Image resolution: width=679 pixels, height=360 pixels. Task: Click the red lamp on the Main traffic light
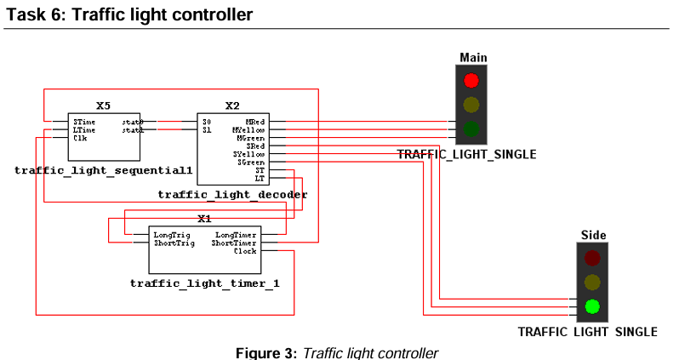(x=471, y=81)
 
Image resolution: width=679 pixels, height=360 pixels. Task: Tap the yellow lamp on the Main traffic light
(x=471, y=106)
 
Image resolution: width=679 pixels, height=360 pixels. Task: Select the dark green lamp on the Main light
(x=471, y=130)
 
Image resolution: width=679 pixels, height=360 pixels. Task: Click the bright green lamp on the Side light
(x=592, y=306)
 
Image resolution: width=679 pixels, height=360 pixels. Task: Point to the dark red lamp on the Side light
(x=592, y=257)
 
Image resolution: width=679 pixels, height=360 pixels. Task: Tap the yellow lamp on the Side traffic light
(x=592, y=282)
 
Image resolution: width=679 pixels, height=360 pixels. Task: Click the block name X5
(x=103, y=106)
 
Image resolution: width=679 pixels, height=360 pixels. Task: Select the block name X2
(x=232, y=106)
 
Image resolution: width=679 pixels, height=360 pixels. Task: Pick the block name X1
(x=204, y=219)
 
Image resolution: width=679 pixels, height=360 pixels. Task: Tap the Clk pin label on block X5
(x=79, y=138)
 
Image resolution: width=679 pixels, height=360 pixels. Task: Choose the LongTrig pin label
(x=171, y=234)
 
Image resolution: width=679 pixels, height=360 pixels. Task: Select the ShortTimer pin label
(x=234, y=243)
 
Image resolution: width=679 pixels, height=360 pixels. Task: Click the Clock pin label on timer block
(x=245, y=251)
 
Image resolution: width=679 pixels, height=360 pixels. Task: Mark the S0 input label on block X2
(x=206, y=122)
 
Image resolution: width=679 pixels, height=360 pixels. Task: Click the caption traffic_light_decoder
(x=232, y=195)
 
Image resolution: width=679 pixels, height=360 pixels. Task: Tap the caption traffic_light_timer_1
(x=204, y=283)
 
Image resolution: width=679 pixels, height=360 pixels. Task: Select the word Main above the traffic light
(x=473, y=57)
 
